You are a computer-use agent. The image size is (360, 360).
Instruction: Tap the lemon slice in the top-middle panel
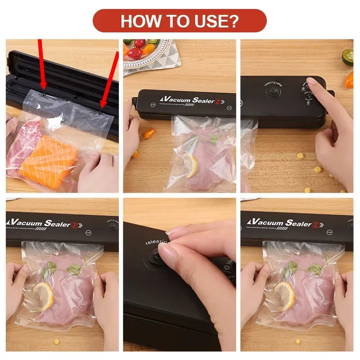point(190,165)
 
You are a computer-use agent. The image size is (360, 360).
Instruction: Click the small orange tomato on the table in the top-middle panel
point(149,133)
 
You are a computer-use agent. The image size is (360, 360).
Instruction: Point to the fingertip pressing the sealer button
point(311,82)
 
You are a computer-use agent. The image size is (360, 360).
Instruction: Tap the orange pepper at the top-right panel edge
point(349,80)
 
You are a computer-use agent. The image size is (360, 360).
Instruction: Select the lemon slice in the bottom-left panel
point(43,295)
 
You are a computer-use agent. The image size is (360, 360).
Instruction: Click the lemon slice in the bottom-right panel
point(284,295)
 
